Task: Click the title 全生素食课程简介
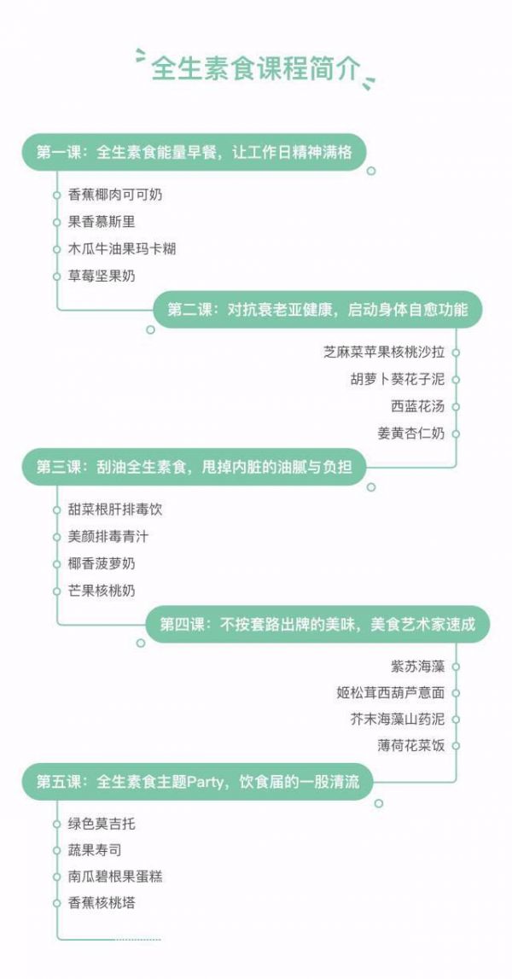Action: click(x=255, y=68)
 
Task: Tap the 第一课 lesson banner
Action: click(x=194, y=152)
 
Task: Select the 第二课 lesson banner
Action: click(x=317, y=310)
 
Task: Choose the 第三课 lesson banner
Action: click(x=194, y=467)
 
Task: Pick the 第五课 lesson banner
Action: click(x=197, y=782)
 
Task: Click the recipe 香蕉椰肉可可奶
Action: click(x=115, y=195)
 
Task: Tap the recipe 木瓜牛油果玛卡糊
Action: click(x=122, y=249)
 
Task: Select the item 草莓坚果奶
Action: click(x=102, y=276)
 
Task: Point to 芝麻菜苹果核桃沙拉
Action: click(x=385, y=353)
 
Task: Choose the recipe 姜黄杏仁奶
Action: click(x=411, y=434)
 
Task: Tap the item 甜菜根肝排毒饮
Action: click(x=115, y=510)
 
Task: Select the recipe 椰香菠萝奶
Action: click(x=102, y=564)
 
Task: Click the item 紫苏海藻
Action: click(x=418, y=667)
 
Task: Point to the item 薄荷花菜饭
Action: click(x=411, y=745)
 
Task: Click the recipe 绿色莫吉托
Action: click(x=102, y=825)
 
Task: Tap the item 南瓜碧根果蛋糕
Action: click(x=115, y=877)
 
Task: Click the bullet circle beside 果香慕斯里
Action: click(x=57, y=222)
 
